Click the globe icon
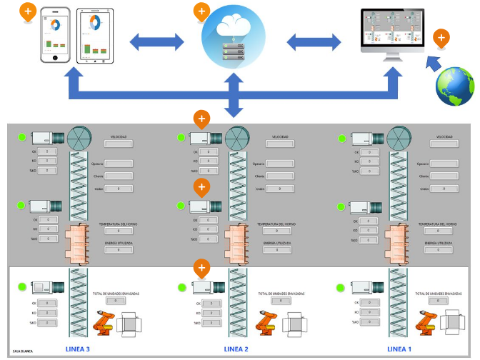pos(455,86)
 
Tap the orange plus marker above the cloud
pos(202,12)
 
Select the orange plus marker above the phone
pos(28,11)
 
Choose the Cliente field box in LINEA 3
pos(119,176)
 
